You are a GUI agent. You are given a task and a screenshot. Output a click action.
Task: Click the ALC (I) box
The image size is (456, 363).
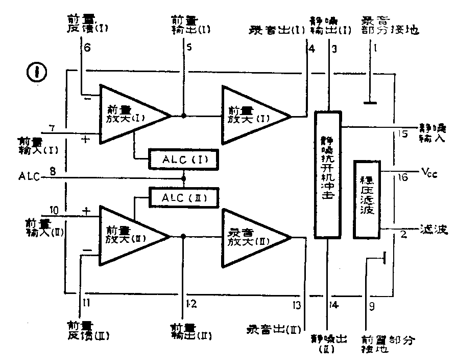click(x=183, y=160)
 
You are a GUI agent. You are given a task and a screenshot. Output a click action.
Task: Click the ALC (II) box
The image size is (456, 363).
click(x=183, y=196)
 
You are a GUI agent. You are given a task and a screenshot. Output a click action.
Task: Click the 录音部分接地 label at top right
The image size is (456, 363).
click(x=391, y=26)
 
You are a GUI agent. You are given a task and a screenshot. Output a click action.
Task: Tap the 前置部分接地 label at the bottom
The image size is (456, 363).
click(x=388, y=344)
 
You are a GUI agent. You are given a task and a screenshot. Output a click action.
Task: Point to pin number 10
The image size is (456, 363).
click(x=55, y=210)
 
